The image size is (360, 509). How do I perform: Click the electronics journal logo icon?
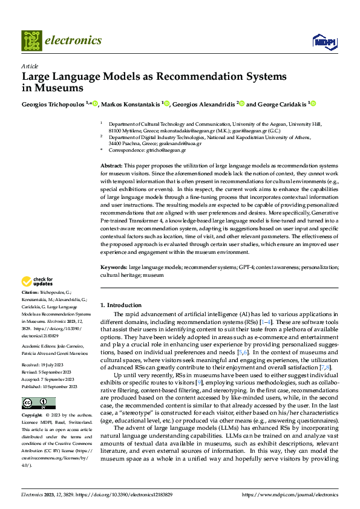pyautogui.click(x=31, y=40)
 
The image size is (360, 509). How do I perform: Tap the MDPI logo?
pyautogui.click(x=322, y=41)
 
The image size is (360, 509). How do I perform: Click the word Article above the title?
pyautogui.click(x=30, y=66)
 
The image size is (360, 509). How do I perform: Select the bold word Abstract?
pyautogui.click(x=112, y=165)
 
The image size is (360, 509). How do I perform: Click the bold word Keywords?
pyautogui.click(x=114, y=267)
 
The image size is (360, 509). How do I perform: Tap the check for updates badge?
pyautogui.click(x=37, y=281)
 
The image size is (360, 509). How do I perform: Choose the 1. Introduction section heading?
pyautogui.click(x=121, y=305)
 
